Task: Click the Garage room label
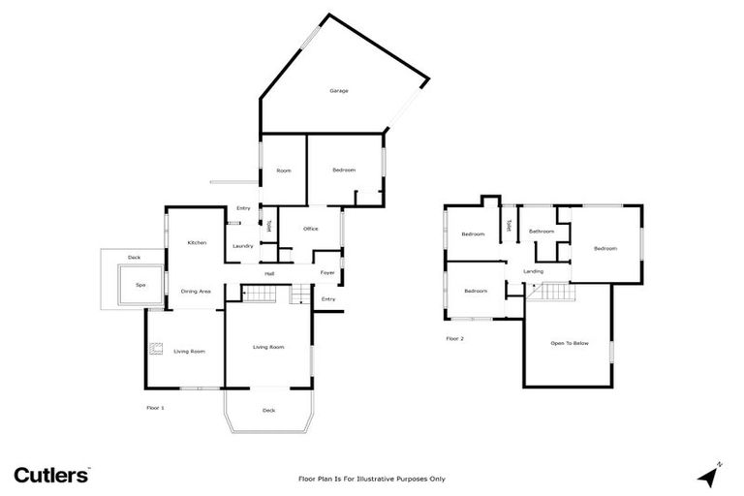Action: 338,91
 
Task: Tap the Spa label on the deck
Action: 139,285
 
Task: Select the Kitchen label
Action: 197,242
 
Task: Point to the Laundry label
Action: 243,246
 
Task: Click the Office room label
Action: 311,229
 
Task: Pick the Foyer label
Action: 327,273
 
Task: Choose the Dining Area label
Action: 197,291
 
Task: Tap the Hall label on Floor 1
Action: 269,273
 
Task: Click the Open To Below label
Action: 570,343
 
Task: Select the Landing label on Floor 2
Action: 533,271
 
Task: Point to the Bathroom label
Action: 542,232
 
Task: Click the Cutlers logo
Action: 51,475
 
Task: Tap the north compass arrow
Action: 709,476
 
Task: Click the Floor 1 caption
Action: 155,408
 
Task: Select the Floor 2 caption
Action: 454,338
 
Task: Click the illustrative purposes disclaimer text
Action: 371,479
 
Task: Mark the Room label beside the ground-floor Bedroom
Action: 284,170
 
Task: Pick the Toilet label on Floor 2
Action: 509,227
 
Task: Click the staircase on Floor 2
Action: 552,292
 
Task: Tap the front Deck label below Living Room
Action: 268,411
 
